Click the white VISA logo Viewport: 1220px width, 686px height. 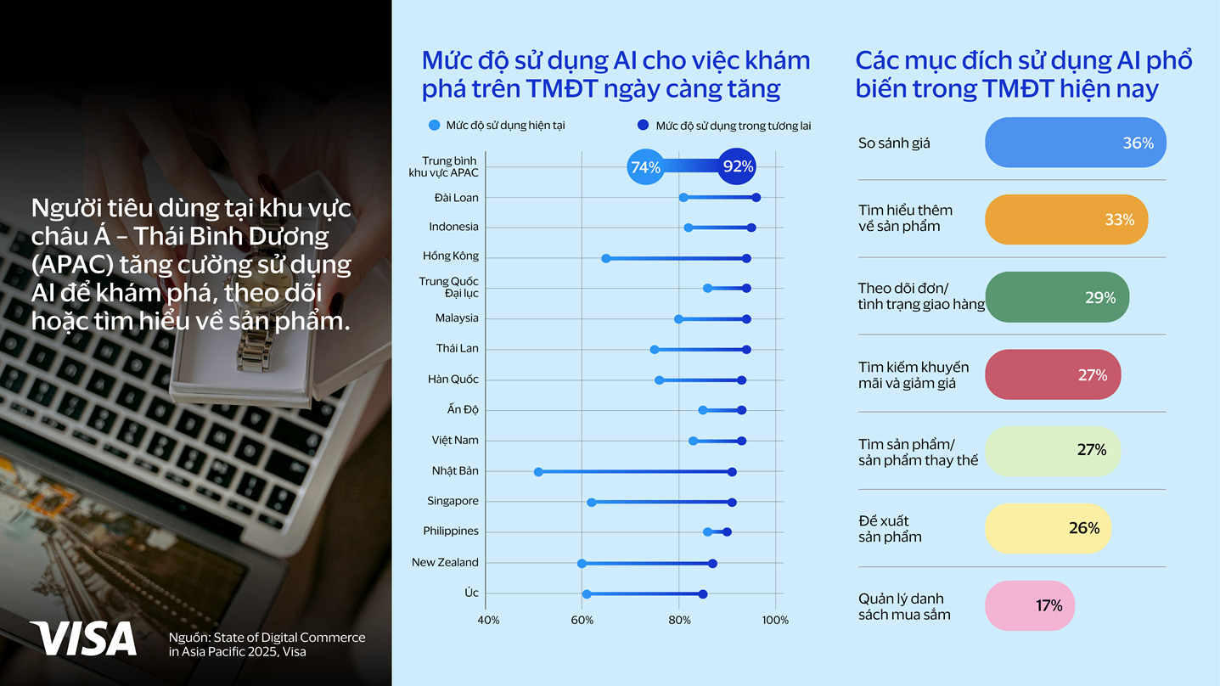click(82, 638)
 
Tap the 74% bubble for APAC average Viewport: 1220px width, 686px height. click(645, 167)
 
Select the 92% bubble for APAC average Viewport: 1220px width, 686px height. click(737, 167)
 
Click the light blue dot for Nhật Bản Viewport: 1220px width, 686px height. click(538, 471)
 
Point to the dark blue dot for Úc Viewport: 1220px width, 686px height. click(703, 594)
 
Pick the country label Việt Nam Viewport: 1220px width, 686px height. click(454, 440)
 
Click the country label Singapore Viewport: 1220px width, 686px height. click(453, 501)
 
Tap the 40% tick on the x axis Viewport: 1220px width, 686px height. click(488, 620)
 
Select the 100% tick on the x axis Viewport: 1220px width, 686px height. click(775, 620)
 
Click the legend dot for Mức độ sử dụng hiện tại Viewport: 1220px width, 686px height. click(435, 126)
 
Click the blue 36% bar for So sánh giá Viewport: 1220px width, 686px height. click(1075, 143)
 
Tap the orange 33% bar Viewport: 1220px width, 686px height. click(1065, 220)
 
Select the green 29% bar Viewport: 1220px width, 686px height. click(1056, 297)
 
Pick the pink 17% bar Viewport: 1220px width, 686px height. click(1029, 605)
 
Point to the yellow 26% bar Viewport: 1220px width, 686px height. click(1047, 528)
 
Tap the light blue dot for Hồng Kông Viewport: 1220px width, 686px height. click(605, 258)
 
